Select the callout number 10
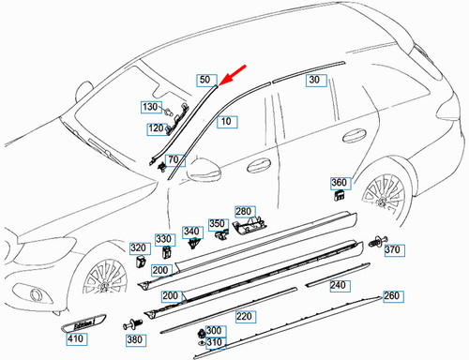(x=225, y=121)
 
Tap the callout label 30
(x=314, y=82)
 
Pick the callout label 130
(x=152, y=108)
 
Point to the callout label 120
(x=153, y=128)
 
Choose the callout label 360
(x=340, y=182)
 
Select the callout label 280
(x=244, y=212)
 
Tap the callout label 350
(x=218, y=224)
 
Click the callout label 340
(x=192, y=232)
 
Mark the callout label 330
(x=164, y=239)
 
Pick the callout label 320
(x=139, y=247)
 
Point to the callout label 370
(x=393, y=250)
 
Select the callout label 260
(x=391, y=296)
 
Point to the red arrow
(x=235, y=74)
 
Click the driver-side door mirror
(x=202, y=173)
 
